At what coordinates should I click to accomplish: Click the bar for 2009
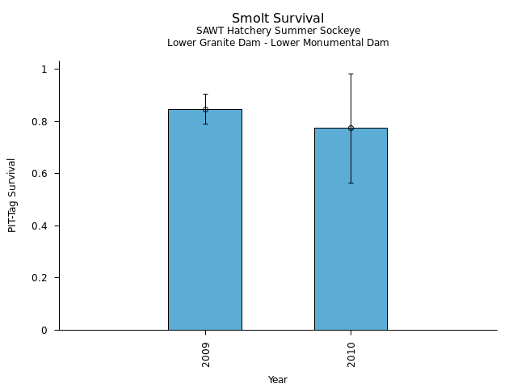pos(204,226)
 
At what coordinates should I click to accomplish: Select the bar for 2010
pos(351,234)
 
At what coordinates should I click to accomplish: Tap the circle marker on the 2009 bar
pos(205,109)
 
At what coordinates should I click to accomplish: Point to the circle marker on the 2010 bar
pos(351,128)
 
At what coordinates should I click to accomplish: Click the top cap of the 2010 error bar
pos(351,74)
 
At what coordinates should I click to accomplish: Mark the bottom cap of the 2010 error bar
pos(351,183)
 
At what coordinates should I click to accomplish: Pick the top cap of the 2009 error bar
pos(205,95)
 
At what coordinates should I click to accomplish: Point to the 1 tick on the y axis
pos(45,70)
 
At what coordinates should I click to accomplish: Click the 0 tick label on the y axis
pos(45,330)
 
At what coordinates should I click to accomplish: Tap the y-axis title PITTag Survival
pos(12,195)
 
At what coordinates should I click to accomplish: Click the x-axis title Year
pos(278,380)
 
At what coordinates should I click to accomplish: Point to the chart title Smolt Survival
pos(278,19)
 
